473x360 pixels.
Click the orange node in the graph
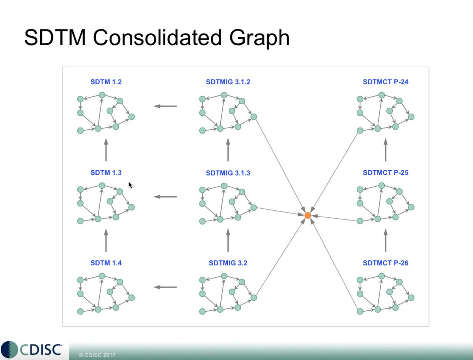[308, 215]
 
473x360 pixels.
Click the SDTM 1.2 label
[106, 82]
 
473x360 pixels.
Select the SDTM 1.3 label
[106, 173]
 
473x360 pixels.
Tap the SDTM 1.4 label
[106, 263]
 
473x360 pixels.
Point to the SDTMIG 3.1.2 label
[228, 82]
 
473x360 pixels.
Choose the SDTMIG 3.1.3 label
[228, 173]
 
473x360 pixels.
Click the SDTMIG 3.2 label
[228, 263]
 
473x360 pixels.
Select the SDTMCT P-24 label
[385, 82]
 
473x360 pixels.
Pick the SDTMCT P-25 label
[385, 173]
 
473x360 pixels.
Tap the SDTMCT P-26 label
[385, 263]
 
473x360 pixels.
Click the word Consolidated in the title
[157, 37]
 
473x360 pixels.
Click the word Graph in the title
[259, 39]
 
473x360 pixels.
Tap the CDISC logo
[31, 349]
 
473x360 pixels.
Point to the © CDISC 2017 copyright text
[97, 355]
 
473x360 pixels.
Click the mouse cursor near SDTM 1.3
[130, 185]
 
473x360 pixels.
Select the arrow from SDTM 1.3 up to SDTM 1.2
[106, 150]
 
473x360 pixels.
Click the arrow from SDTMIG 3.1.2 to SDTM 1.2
[165, 106]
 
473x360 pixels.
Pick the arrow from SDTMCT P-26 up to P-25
[385, 240]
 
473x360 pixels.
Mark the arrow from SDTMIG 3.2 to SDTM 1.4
[165, 287]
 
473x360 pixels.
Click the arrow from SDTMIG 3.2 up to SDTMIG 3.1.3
[228, 240]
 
